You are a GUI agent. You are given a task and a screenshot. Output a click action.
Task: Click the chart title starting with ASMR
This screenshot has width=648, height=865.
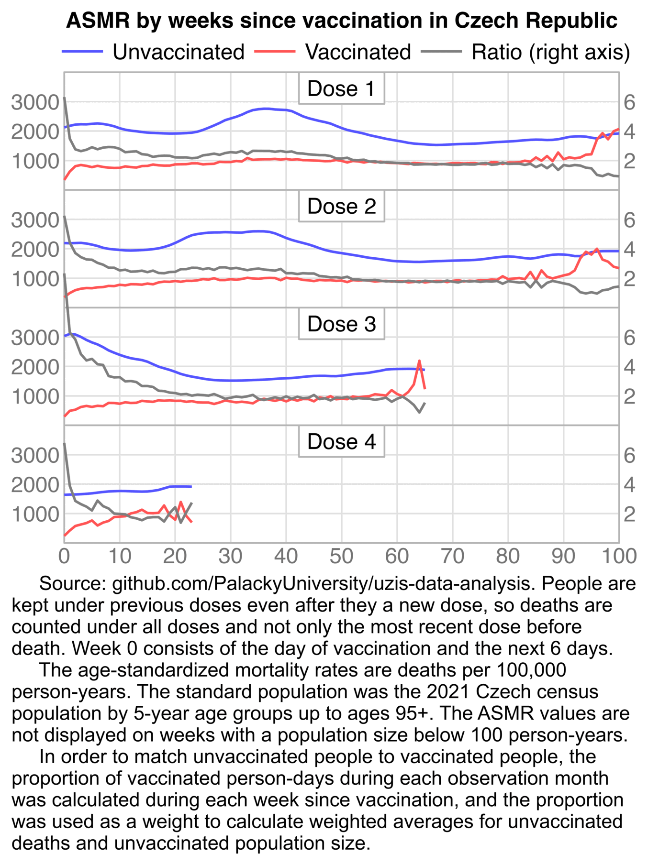(x=341, y=21)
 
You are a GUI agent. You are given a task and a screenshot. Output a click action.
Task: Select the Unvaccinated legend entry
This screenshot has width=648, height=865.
(x=178, y=52)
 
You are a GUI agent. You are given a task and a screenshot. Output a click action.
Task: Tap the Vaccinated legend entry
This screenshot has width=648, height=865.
(x=358, y=52)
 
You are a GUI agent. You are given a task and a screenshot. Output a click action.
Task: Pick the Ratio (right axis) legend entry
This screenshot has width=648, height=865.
(x=550, y=52)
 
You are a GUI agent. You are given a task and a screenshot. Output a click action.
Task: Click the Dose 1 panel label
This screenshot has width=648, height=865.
(x=341, y=89)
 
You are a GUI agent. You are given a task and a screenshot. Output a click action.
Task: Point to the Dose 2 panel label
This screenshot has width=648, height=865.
(x=341, y=207)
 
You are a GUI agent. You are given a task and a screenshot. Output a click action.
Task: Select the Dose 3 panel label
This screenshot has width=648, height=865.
(x=341, y=324)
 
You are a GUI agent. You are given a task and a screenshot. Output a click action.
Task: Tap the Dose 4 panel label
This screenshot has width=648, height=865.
(x=341, y=442)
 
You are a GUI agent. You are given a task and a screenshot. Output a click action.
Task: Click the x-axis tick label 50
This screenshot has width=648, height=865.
(x=341, y=556)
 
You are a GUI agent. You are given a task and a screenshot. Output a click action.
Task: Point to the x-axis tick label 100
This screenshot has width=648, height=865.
(x=618, y=556)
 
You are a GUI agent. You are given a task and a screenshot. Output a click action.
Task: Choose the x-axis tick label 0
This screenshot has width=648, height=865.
(x=64, y=556)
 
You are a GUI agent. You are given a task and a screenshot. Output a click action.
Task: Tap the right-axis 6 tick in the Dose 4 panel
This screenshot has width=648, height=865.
(x=629, y=455)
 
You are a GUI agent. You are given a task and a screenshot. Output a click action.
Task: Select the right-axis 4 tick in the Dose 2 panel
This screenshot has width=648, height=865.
(x=629, y=250)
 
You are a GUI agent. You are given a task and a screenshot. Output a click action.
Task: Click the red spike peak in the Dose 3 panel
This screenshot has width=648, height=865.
(x=419, y=361)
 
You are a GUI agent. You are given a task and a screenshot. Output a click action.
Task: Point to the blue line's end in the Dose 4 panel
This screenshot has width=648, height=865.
(x=191, y=487)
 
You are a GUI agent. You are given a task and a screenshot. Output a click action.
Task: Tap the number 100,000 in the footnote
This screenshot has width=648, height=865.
(x=531, y=670)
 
